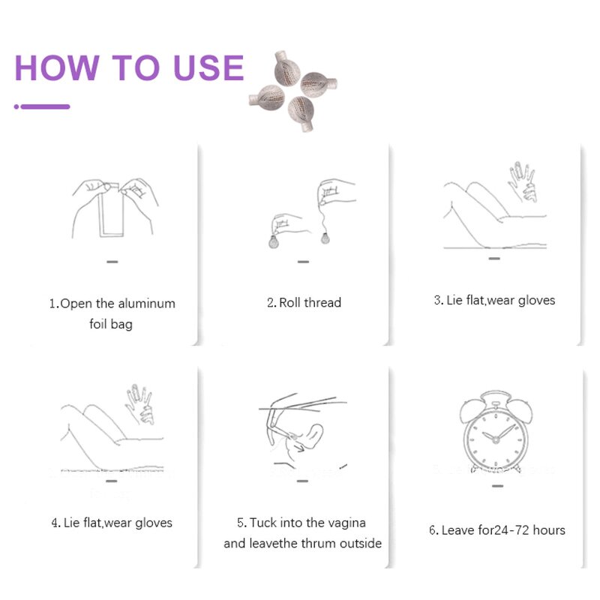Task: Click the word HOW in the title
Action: [58, 67]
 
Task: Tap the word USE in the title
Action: [208, 67]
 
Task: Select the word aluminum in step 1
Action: [146, 304]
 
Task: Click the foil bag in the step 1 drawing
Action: [111, 212]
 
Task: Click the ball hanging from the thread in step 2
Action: [325, 238]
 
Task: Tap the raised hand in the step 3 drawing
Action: [523, 181]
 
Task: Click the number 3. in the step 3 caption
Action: [439, 301]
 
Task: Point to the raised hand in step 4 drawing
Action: [140, 404]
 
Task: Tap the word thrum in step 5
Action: [316, 543]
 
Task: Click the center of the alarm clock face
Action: [496, 440]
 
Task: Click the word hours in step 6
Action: [549, 530]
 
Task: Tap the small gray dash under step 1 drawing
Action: [112, 262]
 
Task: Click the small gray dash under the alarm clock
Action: [498, 486]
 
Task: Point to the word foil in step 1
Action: [98, 324]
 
